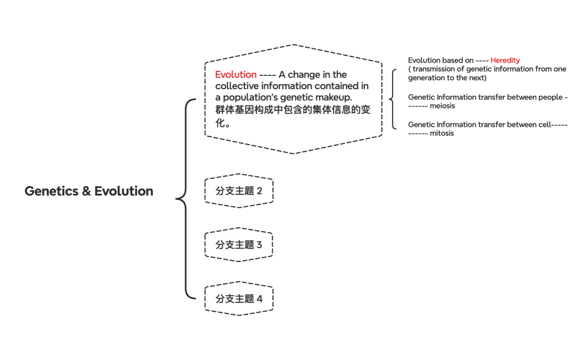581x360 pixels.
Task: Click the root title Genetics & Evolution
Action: point(89,191)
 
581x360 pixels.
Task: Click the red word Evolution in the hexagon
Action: point(235,75)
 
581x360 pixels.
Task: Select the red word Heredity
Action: point(505,60)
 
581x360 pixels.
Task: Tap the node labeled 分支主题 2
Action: point(239,191)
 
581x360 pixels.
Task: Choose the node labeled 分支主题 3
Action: point(239,245)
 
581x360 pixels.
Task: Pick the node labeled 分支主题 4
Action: point(239,299)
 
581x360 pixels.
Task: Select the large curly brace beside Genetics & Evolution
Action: point(186,198)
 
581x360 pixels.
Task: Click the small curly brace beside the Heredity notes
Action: point(393,99)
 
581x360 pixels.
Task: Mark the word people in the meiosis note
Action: point(550,97)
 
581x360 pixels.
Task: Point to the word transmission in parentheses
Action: point(434,69)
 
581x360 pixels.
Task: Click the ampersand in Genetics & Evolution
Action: point(86,191)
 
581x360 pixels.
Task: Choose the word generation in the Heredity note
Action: point(427,78)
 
